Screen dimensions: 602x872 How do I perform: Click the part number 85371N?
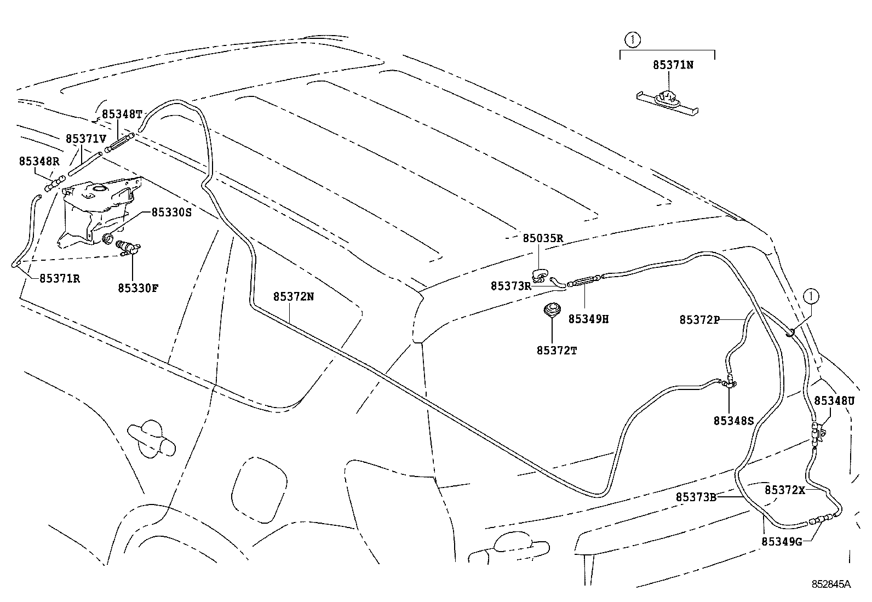coord(673,65)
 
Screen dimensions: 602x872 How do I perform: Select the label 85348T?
coord(122,114)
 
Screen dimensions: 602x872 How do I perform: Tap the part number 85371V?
coord(85,139)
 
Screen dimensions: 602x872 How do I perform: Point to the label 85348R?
coord(39,161)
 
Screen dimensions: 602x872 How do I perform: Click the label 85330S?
coord(171,212)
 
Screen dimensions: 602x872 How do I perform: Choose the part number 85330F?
coord(138,287)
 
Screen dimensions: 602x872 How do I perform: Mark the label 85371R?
coord(60,278)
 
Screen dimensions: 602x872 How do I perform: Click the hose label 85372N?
coord(294,296)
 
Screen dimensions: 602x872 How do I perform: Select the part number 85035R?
coord(543,238)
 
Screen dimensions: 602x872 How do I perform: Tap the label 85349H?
coord(588,319)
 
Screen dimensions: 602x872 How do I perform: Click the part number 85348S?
coord(733,420)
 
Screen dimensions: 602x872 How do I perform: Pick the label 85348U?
coord(834,400)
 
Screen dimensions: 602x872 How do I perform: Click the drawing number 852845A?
coord(831,584)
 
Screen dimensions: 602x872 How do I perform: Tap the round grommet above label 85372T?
coord(551,309)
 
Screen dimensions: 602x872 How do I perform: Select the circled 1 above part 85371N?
coord(634,39)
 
